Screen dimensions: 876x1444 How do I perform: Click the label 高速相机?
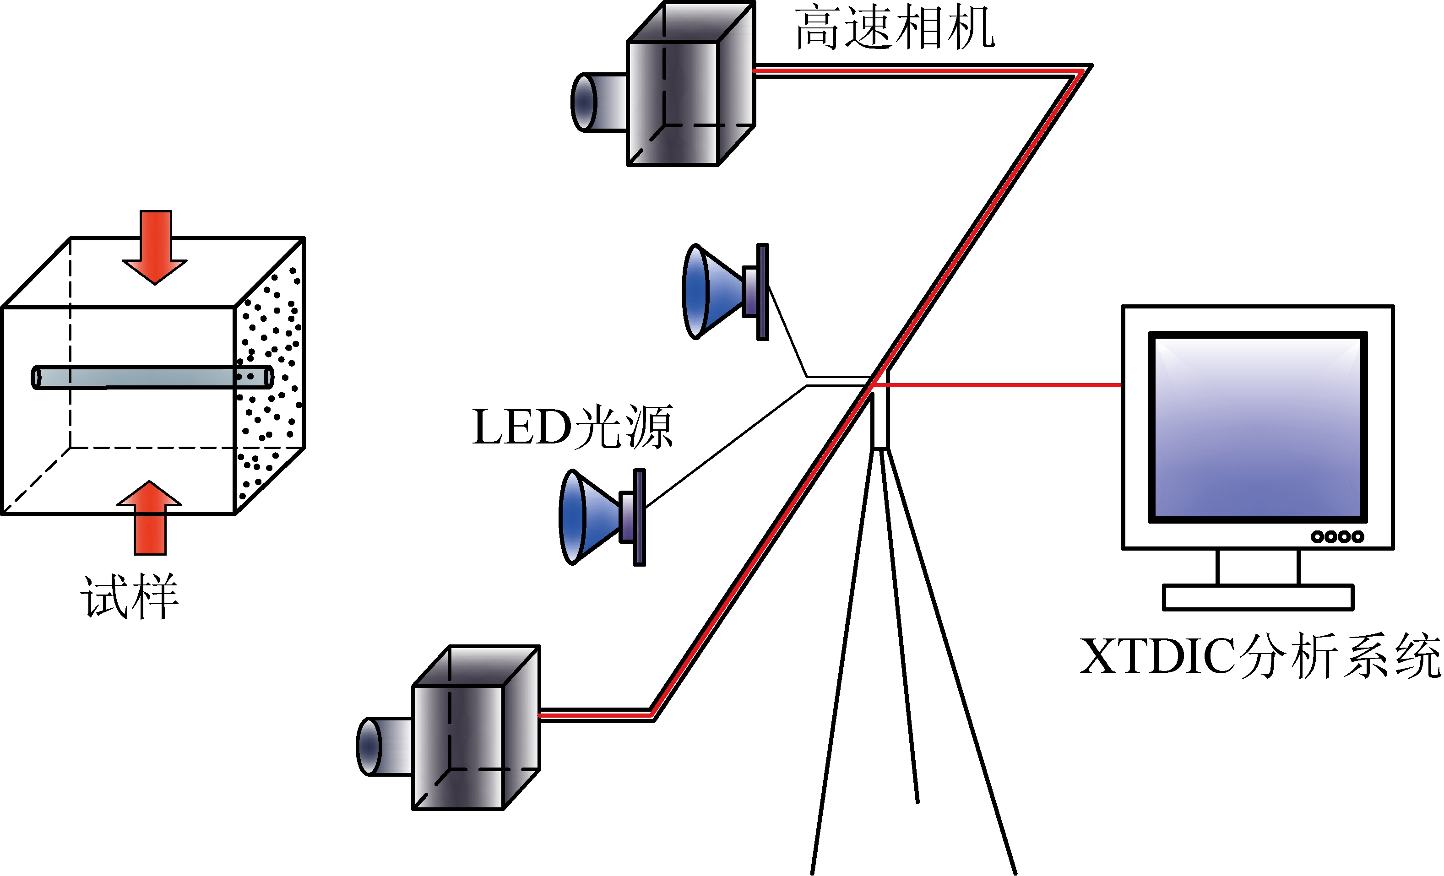point(894,28)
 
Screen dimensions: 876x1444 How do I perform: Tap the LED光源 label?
point(573,428)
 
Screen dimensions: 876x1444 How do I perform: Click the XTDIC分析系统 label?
point(1260,656)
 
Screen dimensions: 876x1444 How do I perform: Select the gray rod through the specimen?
point(147,377)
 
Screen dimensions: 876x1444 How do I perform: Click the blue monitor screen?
point(1258,428)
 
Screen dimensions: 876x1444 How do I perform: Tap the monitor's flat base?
point(1258,598)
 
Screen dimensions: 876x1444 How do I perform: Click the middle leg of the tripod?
point(900,633)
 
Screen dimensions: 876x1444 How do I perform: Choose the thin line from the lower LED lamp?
point(727,445)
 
